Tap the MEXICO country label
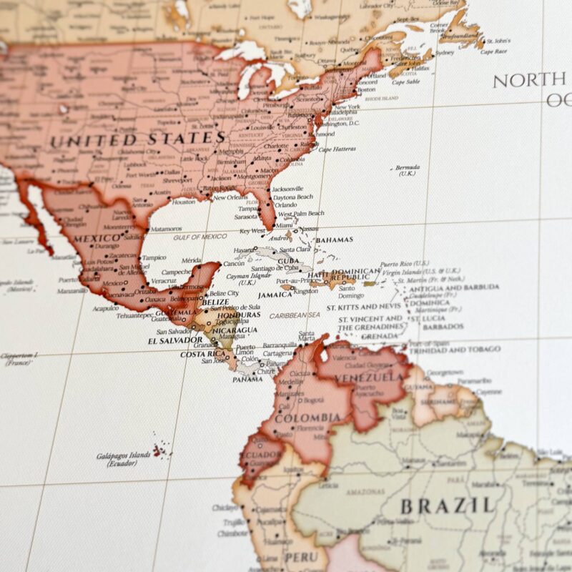[96, 237]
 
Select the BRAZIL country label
[448, 506]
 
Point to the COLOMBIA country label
[307, 418]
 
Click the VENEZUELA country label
[370, 377]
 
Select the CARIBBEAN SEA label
[295, 315]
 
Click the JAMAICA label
[275, 295]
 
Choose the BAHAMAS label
[335, 241]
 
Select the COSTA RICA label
[203, 354]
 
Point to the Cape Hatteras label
[337, 149]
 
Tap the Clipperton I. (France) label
[20, 358]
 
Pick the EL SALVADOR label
[175, 340]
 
